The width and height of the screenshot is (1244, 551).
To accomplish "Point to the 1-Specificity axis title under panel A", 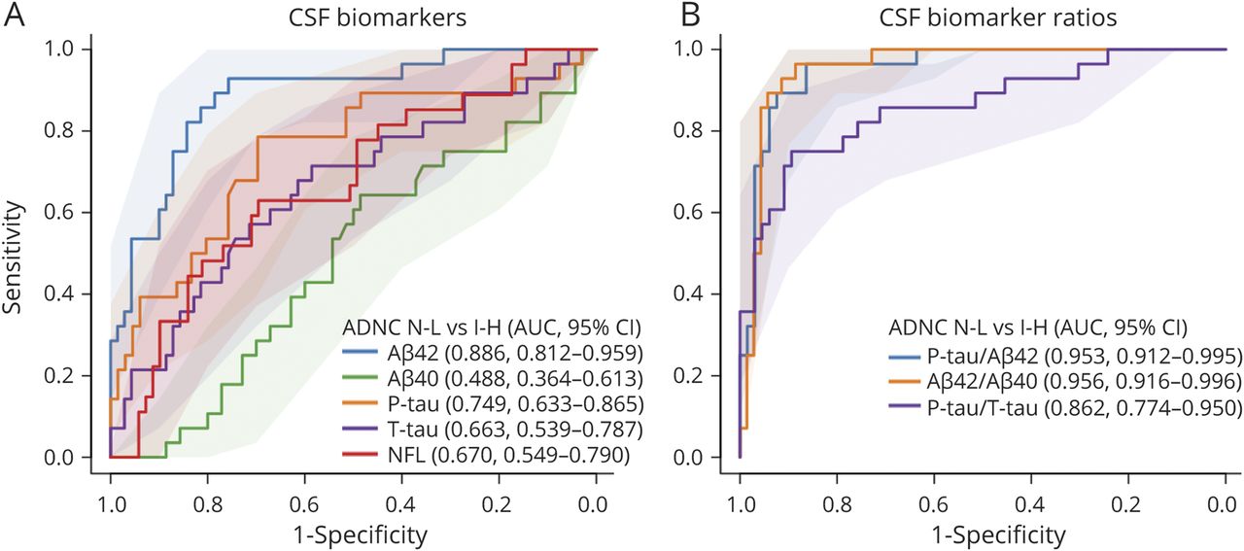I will click(x=353, y=534).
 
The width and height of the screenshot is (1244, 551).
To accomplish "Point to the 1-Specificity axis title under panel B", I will click(x=982, y=534).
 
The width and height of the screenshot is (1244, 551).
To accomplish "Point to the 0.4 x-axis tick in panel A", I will click(x=401, y=500).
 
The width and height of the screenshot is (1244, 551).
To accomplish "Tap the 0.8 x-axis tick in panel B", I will click(x=837, y=500).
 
